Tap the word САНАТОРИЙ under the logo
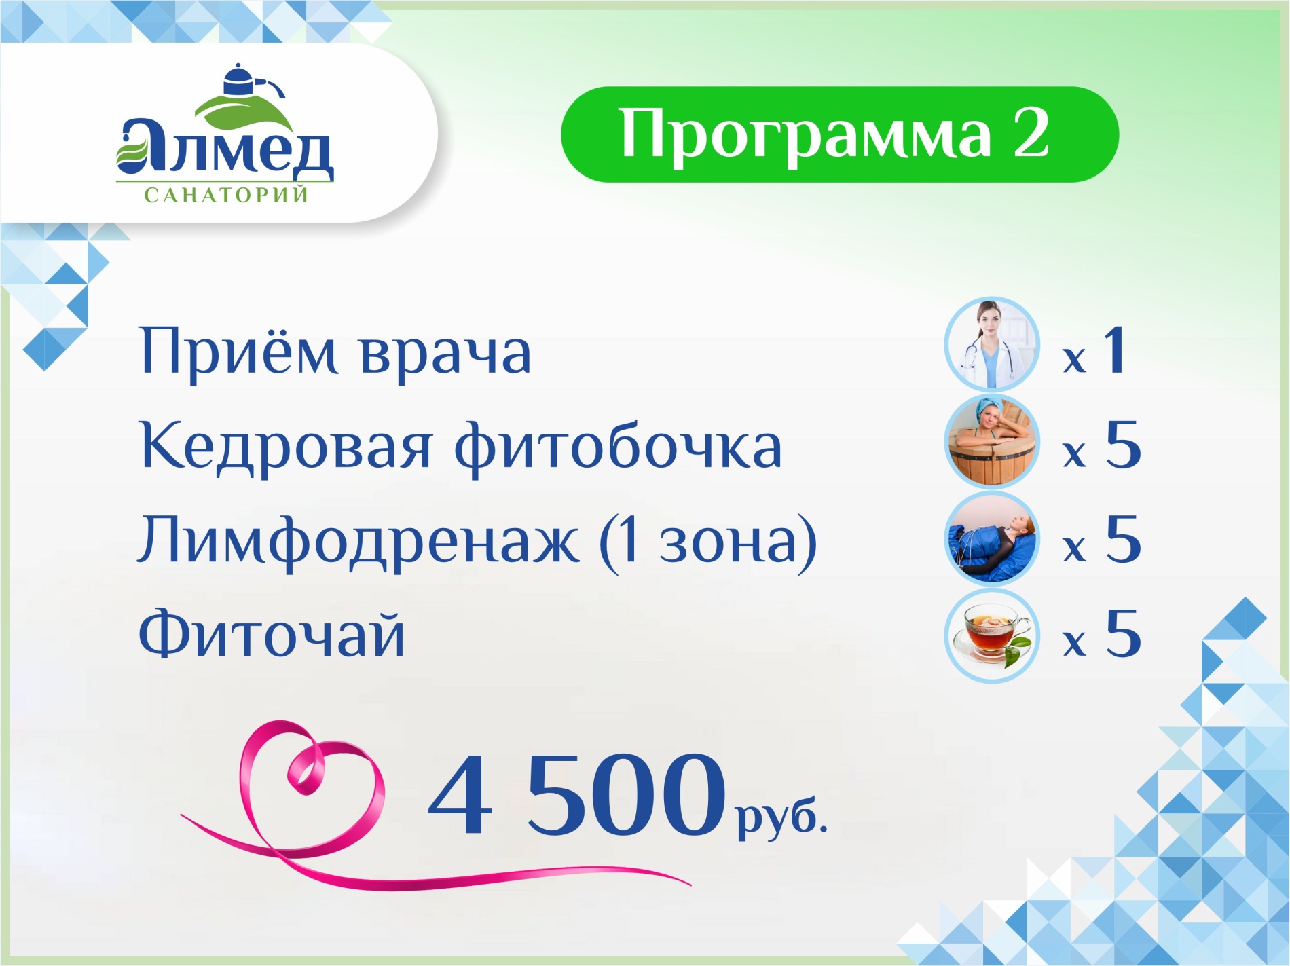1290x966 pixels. pyautogui.click(x=227, y=196)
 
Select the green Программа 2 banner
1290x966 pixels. pyautogui.click(x=839, y=134)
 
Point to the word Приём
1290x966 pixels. pyautogui.click(x=238, y=352)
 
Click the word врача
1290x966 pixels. pyautogui.click(x=445, y=354)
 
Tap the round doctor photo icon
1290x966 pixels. pyautogui.click(x=992, y=345)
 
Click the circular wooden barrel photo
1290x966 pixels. pyautogui.click(x=992, y=442)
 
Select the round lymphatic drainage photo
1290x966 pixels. pyautogui.click(x=992, y=538)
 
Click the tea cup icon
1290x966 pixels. pyautogui.click(x=992, y=635)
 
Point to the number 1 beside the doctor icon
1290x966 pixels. pyautogui.click(x=1115, y=350)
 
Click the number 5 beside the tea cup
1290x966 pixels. pyautogui.click(x=1123, y=634)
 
